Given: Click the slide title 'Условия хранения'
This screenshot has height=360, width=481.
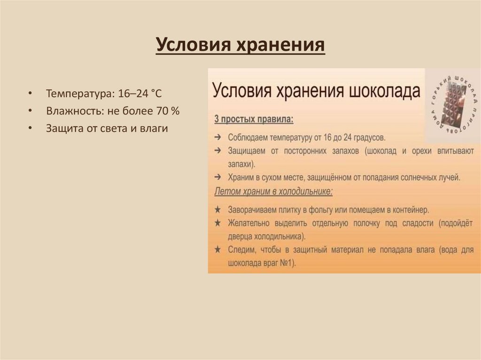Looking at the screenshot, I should tap(240, 46).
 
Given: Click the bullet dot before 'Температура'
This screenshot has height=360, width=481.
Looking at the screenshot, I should tap(30, 93).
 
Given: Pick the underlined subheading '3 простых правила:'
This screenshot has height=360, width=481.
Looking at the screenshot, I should tap(254, 120).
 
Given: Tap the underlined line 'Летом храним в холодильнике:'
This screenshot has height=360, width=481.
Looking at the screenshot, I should tap(273, 192).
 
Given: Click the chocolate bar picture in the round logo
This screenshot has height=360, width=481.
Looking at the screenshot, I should tap(453, 106).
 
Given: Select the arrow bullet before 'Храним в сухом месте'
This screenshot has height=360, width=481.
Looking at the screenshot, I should tap(217, 178).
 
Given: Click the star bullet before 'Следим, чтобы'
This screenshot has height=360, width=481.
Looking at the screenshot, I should tap(217, 250).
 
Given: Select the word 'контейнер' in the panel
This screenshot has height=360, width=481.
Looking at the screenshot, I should tap(411, 209).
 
